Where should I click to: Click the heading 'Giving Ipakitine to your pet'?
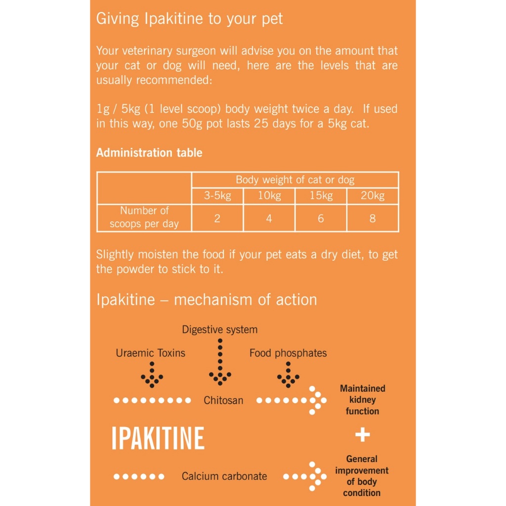[189, 19]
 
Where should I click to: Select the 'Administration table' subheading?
[149, 153]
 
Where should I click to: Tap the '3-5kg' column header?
[217, 196]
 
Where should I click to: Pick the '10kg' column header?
[269, 196]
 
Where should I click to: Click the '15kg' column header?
[321, 196]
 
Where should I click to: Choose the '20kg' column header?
[373, 196]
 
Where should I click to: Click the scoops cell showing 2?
[217, 218]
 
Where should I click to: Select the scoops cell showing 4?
[269, 218]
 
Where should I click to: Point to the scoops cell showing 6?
[321, 218]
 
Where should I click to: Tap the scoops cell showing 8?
[373, 218]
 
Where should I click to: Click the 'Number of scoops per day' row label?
[144, 217]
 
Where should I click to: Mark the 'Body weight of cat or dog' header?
[295, 180]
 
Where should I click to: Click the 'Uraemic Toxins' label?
[151, 353]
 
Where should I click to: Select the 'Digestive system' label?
[220, 330]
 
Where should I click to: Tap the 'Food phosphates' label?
[288, 353]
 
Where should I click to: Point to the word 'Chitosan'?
[223, 400]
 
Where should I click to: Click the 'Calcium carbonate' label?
[224, 476]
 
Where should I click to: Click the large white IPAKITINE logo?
[158, 438]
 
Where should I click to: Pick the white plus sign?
[363, 435]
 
